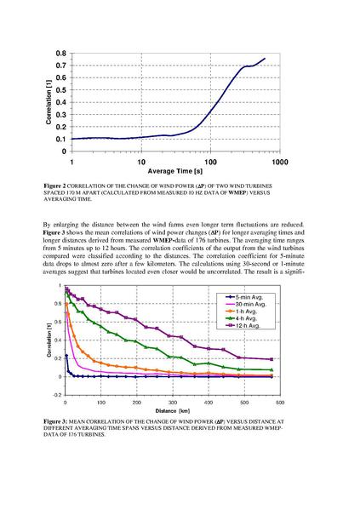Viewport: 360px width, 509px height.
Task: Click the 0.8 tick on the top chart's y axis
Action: click(62, 52)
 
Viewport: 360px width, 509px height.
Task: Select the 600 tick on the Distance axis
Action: click(279, 403)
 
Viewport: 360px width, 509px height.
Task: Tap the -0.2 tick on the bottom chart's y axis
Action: click(56, 396)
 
